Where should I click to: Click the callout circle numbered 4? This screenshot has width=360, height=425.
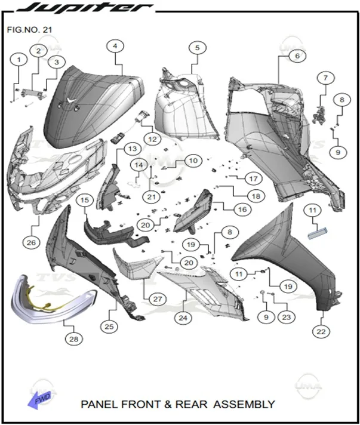click(x=115, y=47)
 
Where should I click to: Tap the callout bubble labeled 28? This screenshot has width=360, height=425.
click(x=74, y=339)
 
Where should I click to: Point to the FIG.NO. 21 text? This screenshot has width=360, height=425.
click(x=29, y=29)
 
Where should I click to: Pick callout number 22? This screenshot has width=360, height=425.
click(x=321, y=331)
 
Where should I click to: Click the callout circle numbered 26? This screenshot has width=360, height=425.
click(x=31, y=242)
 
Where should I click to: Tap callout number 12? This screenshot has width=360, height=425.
click(x=152, y=139)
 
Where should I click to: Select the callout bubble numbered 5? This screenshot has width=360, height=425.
click(x=198, y=48)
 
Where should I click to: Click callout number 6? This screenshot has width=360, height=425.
click(x=297, y=56)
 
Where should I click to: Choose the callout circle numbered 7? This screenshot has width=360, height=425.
click(x=325, y=78)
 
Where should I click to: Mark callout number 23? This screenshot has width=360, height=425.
click(x=286, y=317)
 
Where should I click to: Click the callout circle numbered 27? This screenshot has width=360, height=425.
click(x=158, y=299)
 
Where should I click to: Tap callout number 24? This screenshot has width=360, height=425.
click(x=183, y=318)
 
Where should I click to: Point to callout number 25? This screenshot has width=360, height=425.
click(x=109, y=327)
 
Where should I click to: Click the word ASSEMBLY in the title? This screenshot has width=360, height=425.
click(x=244, y=404)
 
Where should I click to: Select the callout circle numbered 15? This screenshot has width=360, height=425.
click(x=85, y=200)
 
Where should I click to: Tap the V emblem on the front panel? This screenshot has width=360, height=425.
click(x=71, y=100)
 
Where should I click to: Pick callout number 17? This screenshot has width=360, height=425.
click(x=253, y=179)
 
